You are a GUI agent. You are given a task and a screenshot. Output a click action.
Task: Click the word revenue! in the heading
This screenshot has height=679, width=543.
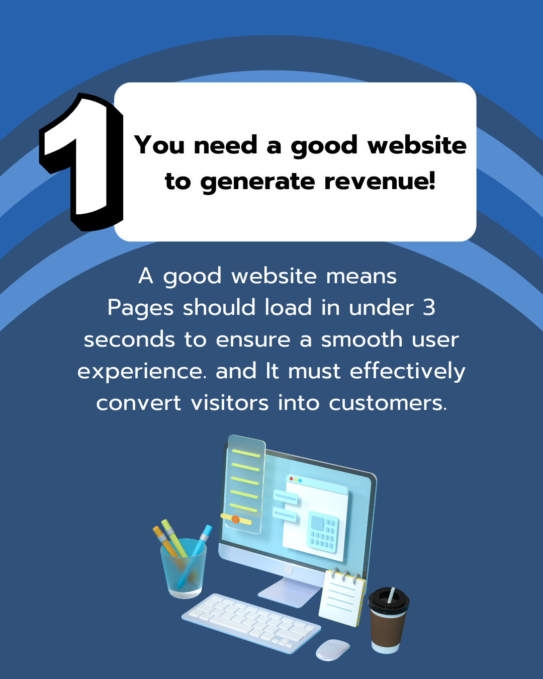click(380, 182)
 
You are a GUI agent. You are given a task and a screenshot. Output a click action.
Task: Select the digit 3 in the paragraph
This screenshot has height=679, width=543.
click(429, 308)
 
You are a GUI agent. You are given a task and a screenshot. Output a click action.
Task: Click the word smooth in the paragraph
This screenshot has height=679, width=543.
click(361, 339)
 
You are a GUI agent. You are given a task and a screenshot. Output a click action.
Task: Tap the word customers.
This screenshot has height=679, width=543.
click(388, 403)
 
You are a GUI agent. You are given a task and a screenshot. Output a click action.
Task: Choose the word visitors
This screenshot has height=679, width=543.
click(230, 403)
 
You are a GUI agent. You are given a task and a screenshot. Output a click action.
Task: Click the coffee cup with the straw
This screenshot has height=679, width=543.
click(388, 620)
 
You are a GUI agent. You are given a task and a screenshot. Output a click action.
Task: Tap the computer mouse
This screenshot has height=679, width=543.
click(332, 650)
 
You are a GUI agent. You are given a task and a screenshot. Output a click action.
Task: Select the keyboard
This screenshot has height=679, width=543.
click(251, 623)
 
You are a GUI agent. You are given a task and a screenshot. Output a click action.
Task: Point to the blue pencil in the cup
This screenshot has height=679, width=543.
click(195, 556)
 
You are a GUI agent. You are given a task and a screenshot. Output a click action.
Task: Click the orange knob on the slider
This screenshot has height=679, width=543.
click(235, 519)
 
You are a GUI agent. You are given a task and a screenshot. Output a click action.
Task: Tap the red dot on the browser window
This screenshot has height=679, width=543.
click(291, 479)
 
